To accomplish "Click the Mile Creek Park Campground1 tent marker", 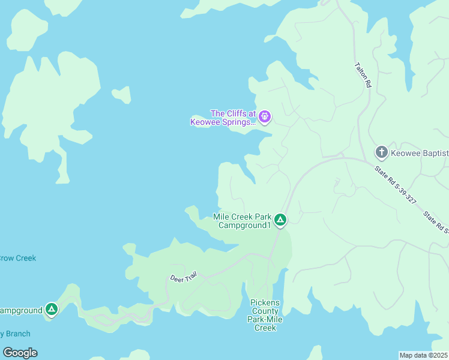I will pos(280,220).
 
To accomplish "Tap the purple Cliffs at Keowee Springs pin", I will pos(265,116).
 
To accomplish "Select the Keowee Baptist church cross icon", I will pos(381,152).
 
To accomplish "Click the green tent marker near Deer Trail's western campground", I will pos(52,310).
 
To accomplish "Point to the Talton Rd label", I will pos(363,76).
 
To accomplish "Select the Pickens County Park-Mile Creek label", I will pos(265,316).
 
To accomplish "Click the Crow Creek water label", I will pos(17,258).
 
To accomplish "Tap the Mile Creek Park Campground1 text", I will pos(243,221).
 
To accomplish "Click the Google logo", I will pos(20,353).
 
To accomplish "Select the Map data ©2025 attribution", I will pos(424,355).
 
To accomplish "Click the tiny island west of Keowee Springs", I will pos(122,94).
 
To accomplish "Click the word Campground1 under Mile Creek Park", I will pos(245,226).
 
